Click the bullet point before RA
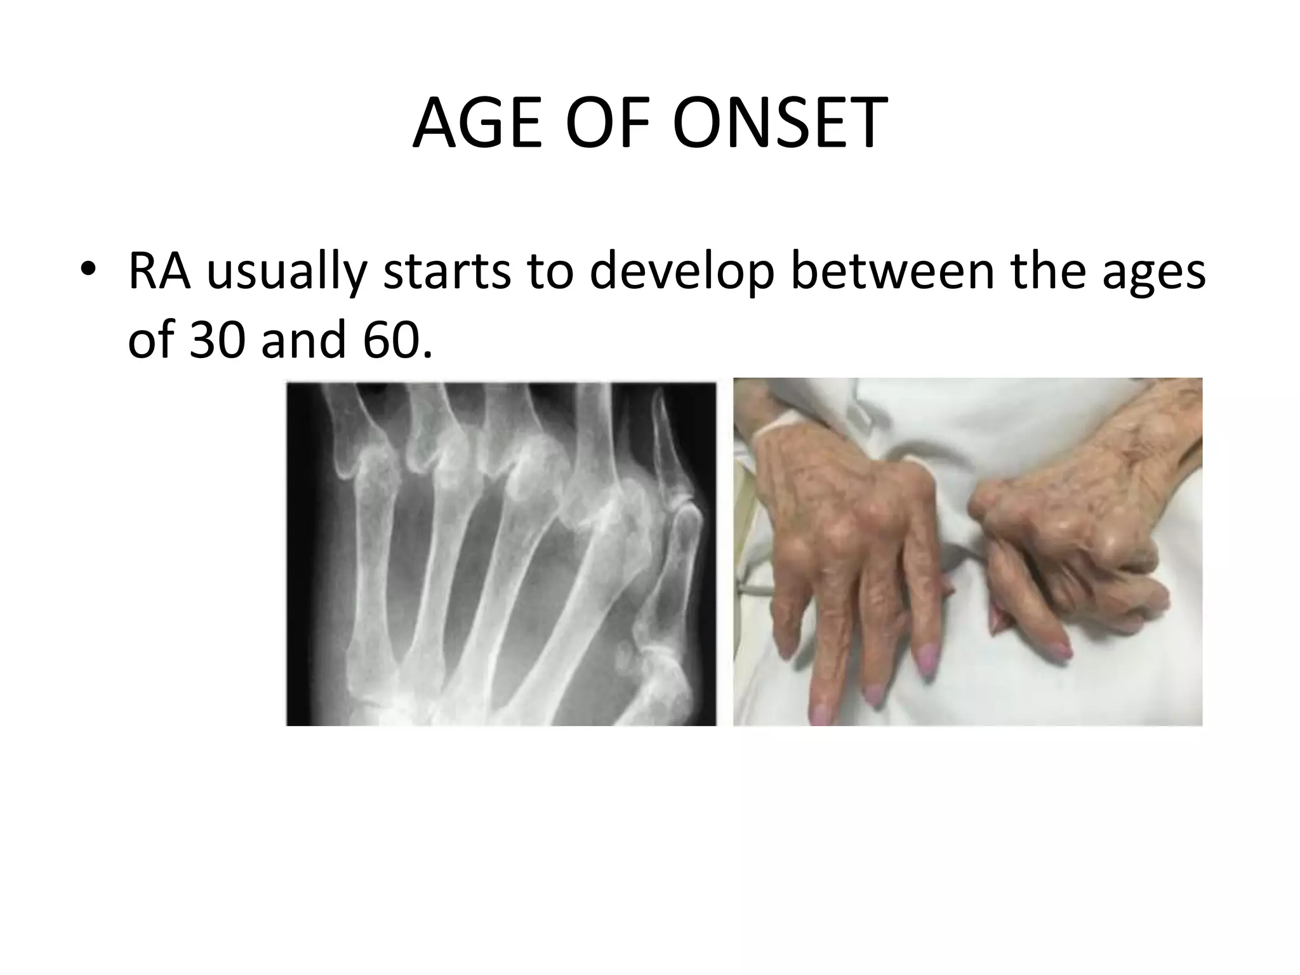click(88, 269)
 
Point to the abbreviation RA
click(159, 270)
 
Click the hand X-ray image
click(501, 552)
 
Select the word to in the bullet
click(550, 270)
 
